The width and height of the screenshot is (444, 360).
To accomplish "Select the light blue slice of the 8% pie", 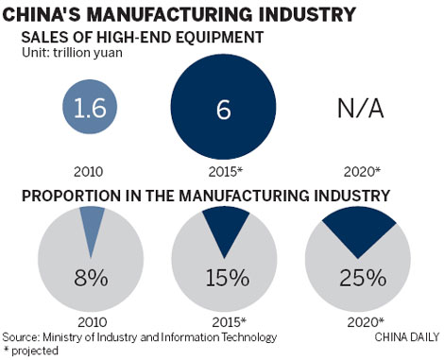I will (x=93, y=229).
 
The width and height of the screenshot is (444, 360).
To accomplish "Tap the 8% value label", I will (x=93, y=280).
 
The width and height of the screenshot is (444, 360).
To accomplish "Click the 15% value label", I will (x=225, y=280).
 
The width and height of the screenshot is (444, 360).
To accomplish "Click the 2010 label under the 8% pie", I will (x=93, y=321).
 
